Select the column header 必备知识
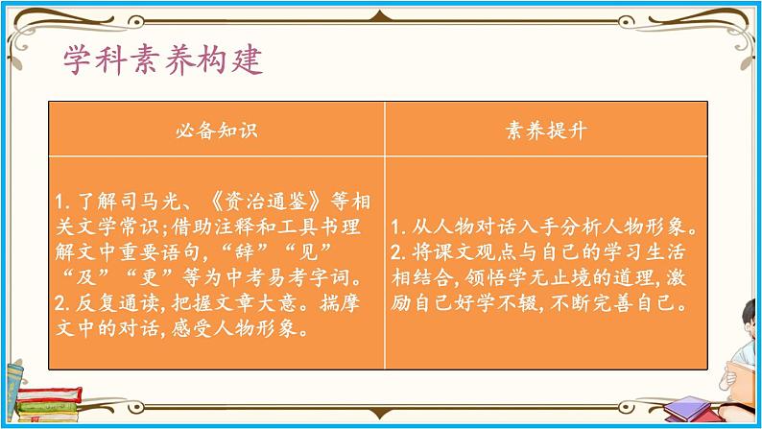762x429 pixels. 217,130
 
